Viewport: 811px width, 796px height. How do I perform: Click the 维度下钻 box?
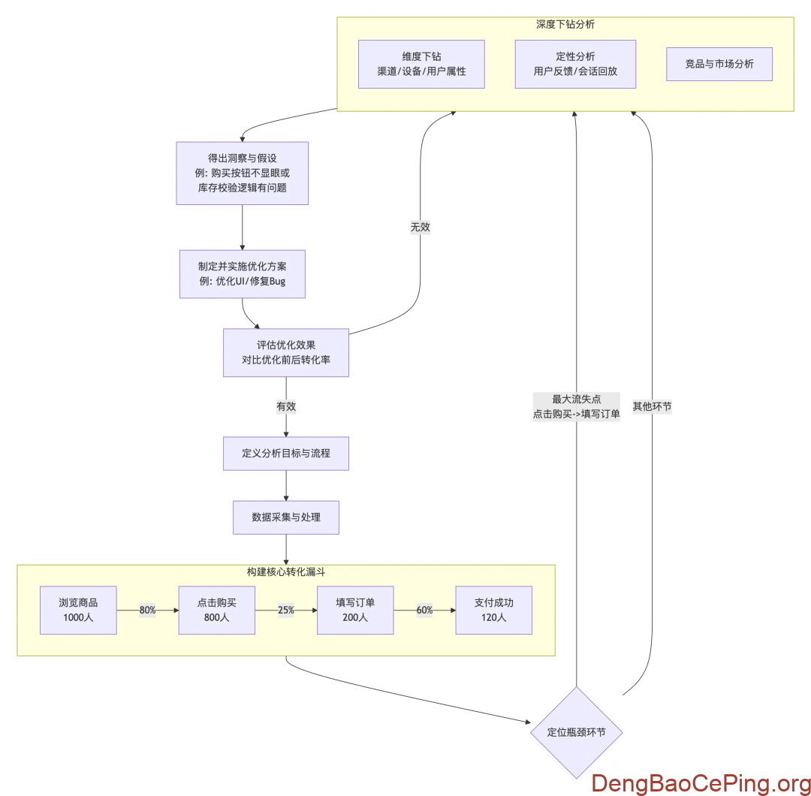tap(421, 64)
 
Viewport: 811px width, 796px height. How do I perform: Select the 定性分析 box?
tap(575, 64)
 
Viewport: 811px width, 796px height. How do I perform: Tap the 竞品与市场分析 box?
tap(719, 64)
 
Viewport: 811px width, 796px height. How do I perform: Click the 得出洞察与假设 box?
tap(243, 173)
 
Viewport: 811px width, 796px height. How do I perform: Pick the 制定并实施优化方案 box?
tap(243, 274)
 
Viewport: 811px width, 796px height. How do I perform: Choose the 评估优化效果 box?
tap(286, 352)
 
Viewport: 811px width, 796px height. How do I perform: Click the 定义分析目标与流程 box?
tap(286, 454)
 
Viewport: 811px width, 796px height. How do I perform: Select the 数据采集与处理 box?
tap(286, 517)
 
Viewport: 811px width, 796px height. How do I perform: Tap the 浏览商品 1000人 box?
tap(78, 610)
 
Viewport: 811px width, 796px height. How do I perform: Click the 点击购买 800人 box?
tap(216, 610)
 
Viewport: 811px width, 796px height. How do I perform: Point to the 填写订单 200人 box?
tap(355, 610)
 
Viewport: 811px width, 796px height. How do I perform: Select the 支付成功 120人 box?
tap(493, 610)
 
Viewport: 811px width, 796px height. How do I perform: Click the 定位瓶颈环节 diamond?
tap(576, 732)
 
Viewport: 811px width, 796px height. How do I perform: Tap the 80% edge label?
tap(147, 610)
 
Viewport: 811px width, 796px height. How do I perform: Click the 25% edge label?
tap(285, 610)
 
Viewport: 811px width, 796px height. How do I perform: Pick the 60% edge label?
tap(424, 610)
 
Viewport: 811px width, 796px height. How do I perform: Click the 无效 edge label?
tap(420, 226)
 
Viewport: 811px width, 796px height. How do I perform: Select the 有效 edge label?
tap(286, 406)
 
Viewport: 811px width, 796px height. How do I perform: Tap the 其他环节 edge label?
tap(652, 406)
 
